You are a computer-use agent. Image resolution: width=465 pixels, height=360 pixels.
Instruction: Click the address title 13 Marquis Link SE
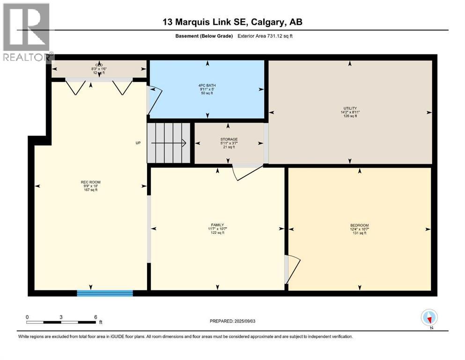point(232,22)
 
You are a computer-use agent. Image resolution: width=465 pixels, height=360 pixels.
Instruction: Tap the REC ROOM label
point(91,182)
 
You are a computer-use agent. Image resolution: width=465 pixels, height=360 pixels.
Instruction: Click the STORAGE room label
point(229,139)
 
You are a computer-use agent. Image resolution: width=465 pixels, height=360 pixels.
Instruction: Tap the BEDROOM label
point(359,225)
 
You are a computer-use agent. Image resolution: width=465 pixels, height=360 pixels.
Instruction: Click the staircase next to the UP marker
point(169,142)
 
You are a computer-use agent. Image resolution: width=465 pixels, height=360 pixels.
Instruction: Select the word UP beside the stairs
point(138,143)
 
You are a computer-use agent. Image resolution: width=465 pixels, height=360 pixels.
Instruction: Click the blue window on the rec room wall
point(105,293)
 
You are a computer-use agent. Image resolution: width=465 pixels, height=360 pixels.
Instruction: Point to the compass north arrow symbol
point(429,318)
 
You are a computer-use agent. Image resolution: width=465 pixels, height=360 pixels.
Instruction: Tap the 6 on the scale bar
point(96,317)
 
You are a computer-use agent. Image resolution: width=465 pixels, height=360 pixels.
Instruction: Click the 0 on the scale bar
point(27,317)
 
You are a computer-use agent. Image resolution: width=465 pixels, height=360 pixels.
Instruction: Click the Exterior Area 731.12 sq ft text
point(266,36)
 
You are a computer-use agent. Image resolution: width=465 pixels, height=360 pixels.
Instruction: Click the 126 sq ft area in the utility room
point(350,116)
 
